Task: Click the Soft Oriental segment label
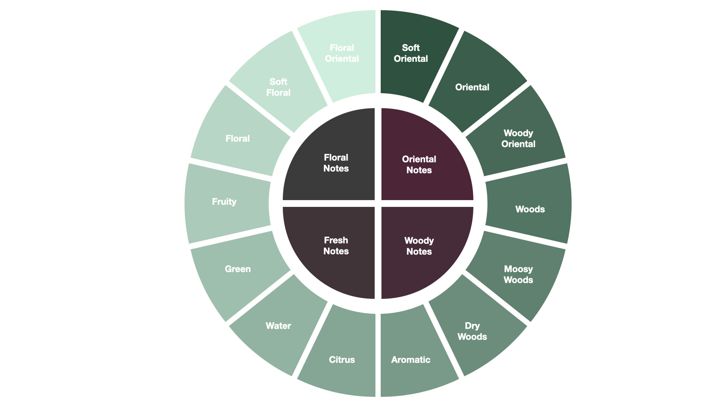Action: click(411, 53)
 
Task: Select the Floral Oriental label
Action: click(342, 53)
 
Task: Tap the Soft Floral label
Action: click(278, 87)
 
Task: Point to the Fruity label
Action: click(224, 202)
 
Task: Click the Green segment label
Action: click(238, 269)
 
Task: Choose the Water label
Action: click(278, 326)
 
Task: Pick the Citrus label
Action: click(342, 360)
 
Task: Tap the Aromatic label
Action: click(411, 360)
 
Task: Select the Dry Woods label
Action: click(472, 331)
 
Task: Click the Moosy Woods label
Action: click(519, 274)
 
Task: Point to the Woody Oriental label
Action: click(519, 138)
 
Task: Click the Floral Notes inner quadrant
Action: click(336, 163)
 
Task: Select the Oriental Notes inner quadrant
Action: click(419, 165)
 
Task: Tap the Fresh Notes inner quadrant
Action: click(336, 246)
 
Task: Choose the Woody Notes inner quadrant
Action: click(419, 246)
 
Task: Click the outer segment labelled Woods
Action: click(530, 209)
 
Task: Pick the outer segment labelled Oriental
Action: click(472, 87)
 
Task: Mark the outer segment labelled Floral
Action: click(238, 138)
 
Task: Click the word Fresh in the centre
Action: click(336, 240)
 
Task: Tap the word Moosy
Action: click(519, 269)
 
